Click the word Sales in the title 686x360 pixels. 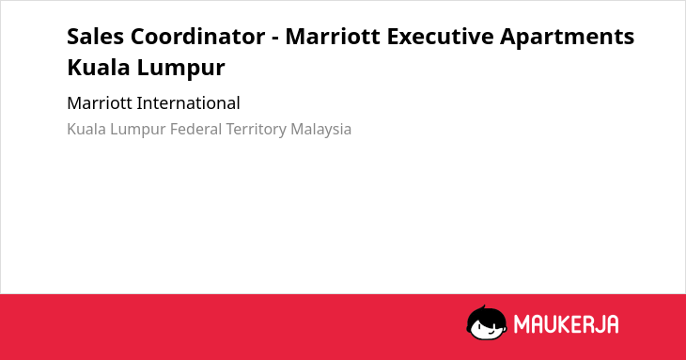(x=95, y=36)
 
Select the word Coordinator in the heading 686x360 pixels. (x=197, y=36)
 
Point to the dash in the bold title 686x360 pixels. (x=275, y=38)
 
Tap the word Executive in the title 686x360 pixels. (x=440, y=36)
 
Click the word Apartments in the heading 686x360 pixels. (x=568, y=37)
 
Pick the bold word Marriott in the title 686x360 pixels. (x=333, y=36)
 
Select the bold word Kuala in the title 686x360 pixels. (x=99, y=68)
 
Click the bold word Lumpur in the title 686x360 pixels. (x=180, y=69)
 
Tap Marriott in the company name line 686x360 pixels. (x=100, y=103)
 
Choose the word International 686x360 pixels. (x=189, y=103)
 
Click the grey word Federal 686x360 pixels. (x=196, y=129)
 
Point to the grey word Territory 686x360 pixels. (x=257, y=130)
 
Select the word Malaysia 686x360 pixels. (x=321, y=130)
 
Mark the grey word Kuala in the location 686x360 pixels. (x=86, y=129)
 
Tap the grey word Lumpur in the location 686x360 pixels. (x=138, y=130)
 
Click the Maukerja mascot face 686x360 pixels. (x=487, y=323)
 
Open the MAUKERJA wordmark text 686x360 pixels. (x=566, y=324)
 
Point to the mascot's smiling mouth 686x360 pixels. (x=491, y=332)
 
